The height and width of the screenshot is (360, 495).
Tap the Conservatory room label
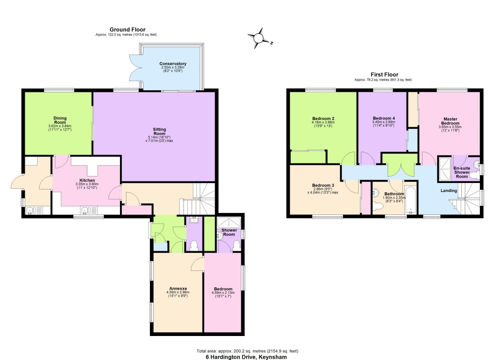click(173, 64)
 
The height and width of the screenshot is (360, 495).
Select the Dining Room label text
click(60, 120)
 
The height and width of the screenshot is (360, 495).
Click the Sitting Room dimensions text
click(159, 139)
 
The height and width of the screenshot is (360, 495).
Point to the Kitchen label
click(87, 180)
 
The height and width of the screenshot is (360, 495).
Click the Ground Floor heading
click(127, 30)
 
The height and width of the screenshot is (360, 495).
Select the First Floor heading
click(384, 75)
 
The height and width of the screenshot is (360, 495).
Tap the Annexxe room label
click(178, 289)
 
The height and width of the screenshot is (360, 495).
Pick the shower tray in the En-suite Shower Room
click(444, 169)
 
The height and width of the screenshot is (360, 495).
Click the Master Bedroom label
click(450, 121)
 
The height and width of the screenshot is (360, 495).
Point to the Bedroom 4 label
click(384, 118)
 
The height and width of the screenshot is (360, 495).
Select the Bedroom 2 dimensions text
click(323, 124)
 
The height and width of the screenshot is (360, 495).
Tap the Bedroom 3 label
click(323, 185)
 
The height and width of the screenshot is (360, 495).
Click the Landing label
click(449, 191)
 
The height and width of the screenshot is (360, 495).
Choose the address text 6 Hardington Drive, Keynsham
click(246, 357)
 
